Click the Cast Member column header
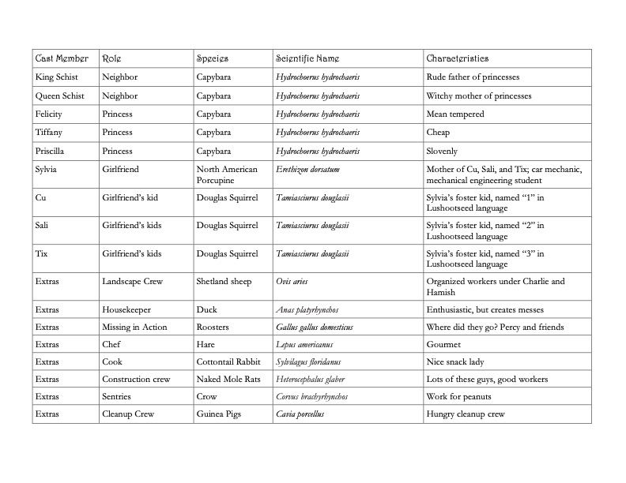click(61, 58)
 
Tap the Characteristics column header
click(457, 58)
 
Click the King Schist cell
click(56, 77)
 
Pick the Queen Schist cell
click(59, 95)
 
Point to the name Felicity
click(50, 114)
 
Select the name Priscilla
click(51, 151)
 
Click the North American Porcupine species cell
click(226, 174)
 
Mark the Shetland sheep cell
click(225, 280)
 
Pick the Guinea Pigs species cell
click(221, 414)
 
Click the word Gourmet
click(443, 345)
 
